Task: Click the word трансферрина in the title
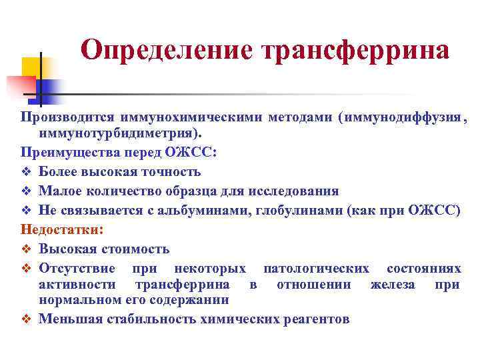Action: [356, 50]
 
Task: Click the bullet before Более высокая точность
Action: [27, 172]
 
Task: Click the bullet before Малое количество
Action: [27, 191]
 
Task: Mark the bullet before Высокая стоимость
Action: [27, 249]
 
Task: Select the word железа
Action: [393, 285]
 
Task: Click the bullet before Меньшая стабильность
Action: [27, 319]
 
